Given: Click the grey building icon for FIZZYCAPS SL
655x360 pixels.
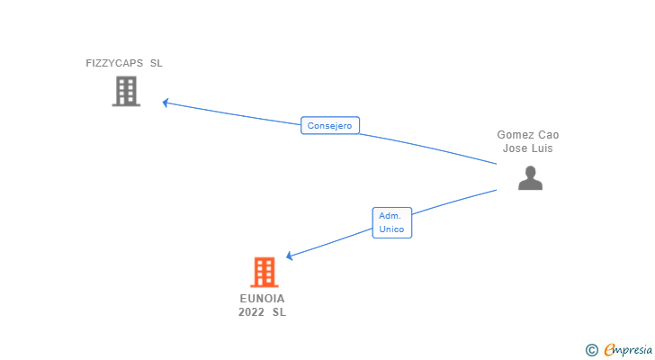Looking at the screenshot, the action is click(126, 91).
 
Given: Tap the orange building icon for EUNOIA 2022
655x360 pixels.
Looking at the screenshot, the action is click(264, 272).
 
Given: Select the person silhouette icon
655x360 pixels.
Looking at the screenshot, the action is click(530, 178).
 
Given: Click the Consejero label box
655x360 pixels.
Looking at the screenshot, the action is click(329, 126).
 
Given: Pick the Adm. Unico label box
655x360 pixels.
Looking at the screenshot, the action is click(392, 222).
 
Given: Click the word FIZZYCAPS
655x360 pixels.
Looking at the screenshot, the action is click(113, 64).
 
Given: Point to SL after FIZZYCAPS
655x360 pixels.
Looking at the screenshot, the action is click(157, 64).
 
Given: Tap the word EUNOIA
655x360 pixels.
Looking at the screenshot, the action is click(262, 298).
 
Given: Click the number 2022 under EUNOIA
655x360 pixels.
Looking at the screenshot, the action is click(251, 312).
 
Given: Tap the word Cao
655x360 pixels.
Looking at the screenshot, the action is click(548, 135).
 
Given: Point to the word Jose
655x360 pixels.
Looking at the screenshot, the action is click(515, 148).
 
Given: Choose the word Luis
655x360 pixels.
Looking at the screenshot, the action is click(542, 148).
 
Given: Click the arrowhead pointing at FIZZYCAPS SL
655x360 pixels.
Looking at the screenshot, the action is click(166, 103).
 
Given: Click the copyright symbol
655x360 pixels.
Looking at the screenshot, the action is click(591, 350).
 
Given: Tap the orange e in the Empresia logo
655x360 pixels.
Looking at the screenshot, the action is click(609, 349).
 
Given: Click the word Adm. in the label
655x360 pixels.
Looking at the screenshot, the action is click(390, 216).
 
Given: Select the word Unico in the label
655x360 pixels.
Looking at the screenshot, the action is click(392, 229).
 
